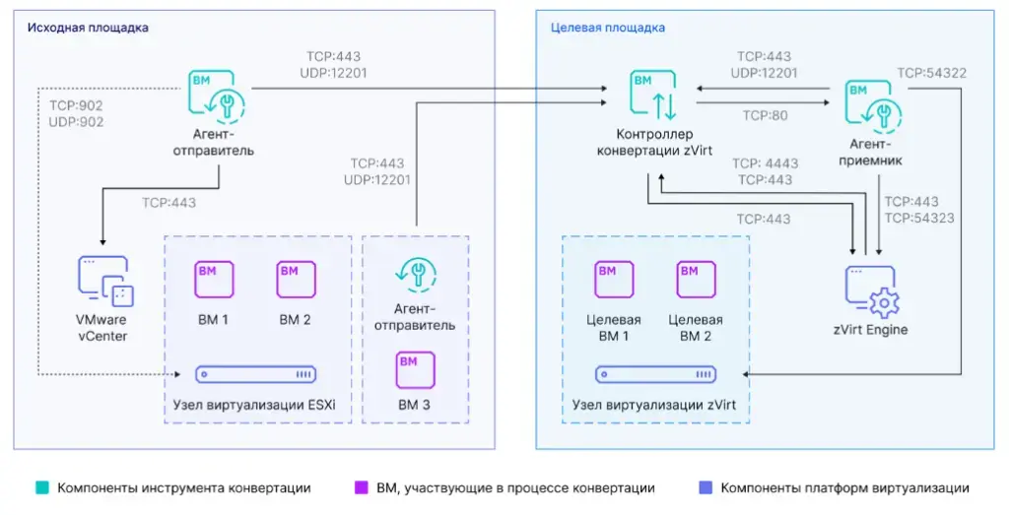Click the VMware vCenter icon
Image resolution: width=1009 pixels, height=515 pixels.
[x=105, y=281]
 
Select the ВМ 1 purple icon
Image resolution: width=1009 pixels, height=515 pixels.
[x=214, y=279]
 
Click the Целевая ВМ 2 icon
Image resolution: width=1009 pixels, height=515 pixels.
[x=696, y=281]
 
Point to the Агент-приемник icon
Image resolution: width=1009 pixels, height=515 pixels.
[x=870, y=105]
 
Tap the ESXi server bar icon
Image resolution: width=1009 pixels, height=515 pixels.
[x=256, y=375]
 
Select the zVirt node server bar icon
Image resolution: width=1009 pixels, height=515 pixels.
[x=655, y=375]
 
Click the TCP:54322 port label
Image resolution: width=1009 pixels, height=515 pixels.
[x=931, y=73]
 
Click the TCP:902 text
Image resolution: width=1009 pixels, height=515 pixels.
[x=75, y=105]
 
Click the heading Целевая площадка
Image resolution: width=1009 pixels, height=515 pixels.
[x=607, y=28]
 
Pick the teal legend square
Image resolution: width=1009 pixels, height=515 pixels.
[x=41, y=487]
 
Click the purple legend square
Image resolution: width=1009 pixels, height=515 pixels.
[x=361, y=487]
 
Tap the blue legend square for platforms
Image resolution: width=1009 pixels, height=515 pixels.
[x=704, y=487]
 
